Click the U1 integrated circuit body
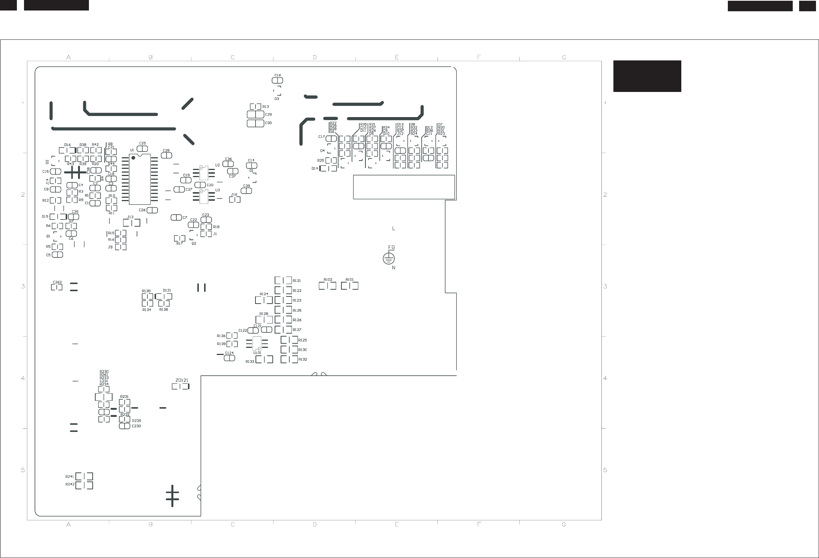pyautogui.click(x=140, y=179)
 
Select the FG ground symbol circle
pyautogui.click(x=389, y=259)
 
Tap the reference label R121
pyautogui.click(x=297, y=281)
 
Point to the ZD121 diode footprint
pyautogui.click(x=180, y=387)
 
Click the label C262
pyautogui.click(x=57, y=282)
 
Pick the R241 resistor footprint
pyautogui.click(x=84, y=477)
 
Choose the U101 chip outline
pyautogui.click(x=257, y=343)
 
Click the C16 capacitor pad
pyautogui.click(x=277, y=81)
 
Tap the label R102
pyautogui.click(x=328, y=280)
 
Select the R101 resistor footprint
pyautogui.click(x=350, y=286)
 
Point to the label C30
pyautogui.click(x=268, y=123)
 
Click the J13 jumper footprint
pyautogui.click(x=132, y=223)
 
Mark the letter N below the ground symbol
pyautogui.click(x=394, y=268)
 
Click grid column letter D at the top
pyautogui.click(x=315, y=57)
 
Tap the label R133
pyautogui.click(x=250, y=362)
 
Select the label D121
pyautogui.click(x=167, y=290)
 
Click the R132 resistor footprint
pyautogui.click(x=289, y=359)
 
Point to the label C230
pyautogui.click(x=136, y=426)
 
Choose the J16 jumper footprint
pyautogui.click(x=235, y=200)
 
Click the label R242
pyautogui.click(x=70, y=484)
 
